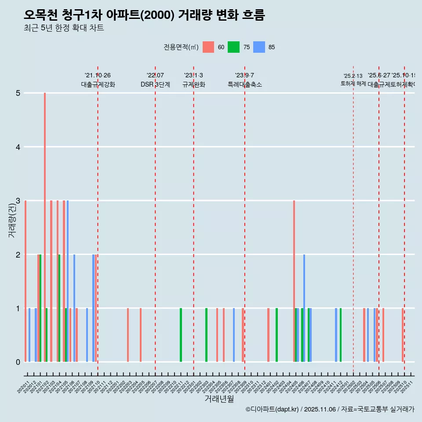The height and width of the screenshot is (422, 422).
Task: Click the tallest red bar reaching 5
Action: tap(45, 227)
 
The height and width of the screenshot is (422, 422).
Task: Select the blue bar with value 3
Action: tap(68, 281)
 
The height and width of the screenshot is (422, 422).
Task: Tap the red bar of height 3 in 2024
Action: tap(294, 281)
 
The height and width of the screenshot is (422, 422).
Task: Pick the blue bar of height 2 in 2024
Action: tap(304, 308)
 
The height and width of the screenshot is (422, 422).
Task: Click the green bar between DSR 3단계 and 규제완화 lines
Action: tap(181, 335)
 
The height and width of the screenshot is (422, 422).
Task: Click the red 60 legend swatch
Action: tap(208, 47)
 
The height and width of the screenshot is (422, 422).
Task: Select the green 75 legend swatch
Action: tap(233, 47)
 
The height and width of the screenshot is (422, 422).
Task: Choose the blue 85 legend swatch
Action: tap(259, 47)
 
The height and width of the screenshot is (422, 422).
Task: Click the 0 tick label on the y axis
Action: tap(18, 362)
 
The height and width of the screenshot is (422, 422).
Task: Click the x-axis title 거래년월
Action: tap(219, 399)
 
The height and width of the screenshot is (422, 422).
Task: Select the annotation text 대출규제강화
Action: tap(98, 84)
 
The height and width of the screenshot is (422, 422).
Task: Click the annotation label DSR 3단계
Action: tap(155, 84)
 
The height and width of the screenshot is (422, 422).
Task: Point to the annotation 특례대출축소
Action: tap(244, 84)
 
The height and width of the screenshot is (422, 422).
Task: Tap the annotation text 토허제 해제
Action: tap(353, 83)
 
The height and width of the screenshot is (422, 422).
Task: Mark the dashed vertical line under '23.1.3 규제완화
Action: tap(193, 220)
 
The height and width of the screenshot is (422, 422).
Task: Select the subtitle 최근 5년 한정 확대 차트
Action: tap(64, 28)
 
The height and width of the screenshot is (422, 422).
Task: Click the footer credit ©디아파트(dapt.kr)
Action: tap(272, 409)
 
